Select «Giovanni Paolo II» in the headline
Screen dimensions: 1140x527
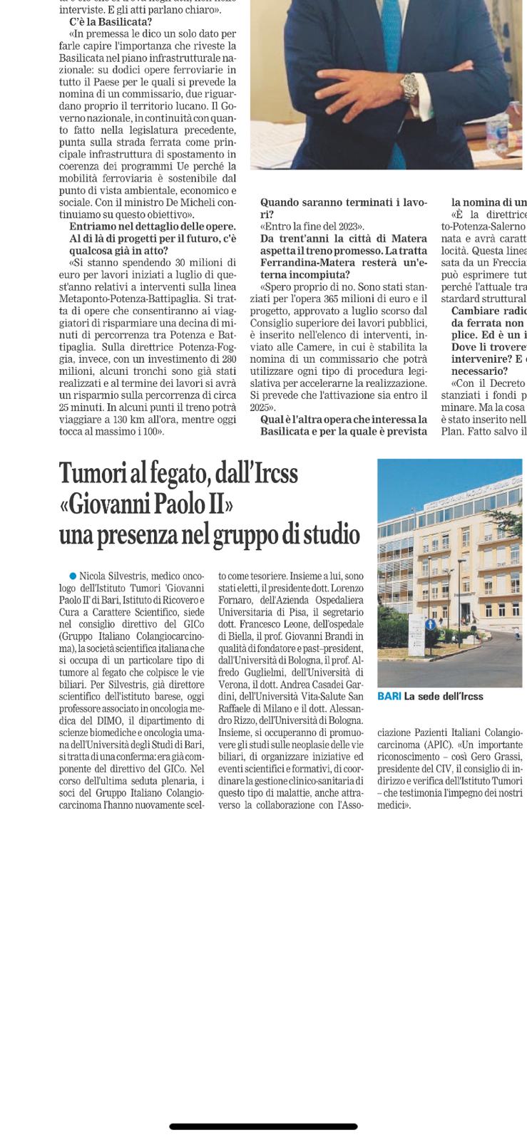(146, 504)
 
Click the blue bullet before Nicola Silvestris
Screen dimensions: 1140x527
(73, 575)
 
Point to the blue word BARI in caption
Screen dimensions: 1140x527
(389, 696)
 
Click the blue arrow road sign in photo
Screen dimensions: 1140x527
(430, 623)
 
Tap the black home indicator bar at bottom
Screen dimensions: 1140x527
(263, 1126)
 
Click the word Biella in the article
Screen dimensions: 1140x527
(235, 636)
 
